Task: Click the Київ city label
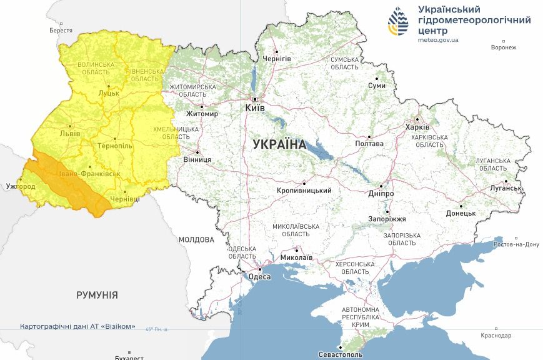pos(255,108)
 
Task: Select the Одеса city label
pos(259,277)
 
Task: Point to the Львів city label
pos(69,134)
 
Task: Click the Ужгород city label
pos(21,186)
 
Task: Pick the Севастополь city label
pos(340,354)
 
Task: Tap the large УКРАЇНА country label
pos(279,144)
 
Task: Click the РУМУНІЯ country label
pos(97,295)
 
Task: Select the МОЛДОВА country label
pos(196,239)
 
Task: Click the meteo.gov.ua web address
pos(438,40)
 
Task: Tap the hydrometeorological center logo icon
pos(397,22)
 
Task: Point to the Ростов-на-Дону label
pos(516,244)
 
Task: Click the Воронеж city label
pos(504,47)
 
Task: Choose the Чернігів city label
pos(277,58)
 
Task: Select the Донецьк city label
pos(461,213)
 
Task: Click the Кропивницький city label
pos(304,191)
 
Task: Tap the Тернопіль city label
pos(116,145)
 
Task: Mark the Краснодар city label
pos(496,336)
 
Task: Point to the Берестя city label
pos(61,31)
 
